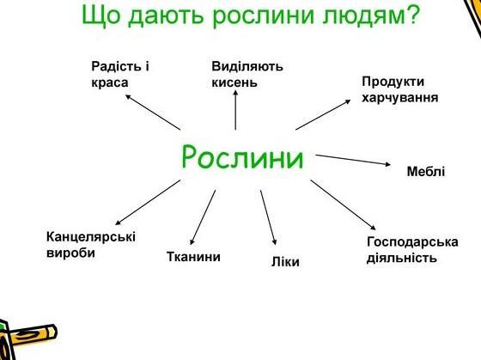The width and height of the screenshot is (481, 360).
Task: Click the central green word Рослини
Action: [x=242, y=157]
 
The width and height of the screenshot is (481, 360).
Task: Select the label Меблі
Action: [x=426, y=171]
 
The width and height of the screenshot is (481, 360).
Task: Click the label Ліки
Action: [x=285, y=261]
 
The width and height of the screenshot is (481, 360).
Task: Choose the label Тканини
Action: [x=193, y=257]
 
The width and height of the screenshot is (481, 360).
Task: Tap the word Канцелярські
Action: [x=91, y=237]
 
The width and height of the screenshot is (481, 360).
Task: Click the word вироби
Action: [x=70, y=253]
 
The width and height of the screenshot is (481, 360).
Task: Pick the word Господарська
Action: [x=412, y=241]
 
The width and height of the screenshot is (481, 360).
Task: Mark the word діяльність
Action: [x=402, y=258]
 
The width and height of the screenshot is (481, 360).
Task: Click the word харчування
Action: [x=400, y=98]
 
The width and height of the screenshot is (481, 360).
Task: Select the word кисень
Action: [x=234, y=82]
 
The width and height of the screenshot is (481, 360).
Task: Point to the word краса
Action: [x=110, y=82]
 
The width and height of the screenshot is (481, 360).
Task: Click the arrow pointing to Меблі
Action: [x=353, y=160]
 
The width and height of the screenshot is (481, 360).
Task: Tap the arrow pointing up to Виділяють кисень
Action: [x=235, y=110]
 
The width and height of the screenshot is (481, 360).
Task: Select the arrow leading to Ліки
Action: [x=268, y=217]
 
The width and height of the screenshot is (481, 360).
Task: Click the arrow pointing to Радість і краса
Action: [x=153, y=112]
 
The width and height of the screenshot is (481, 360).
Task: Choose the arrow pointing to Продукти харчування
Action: [x=323, y=114]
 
